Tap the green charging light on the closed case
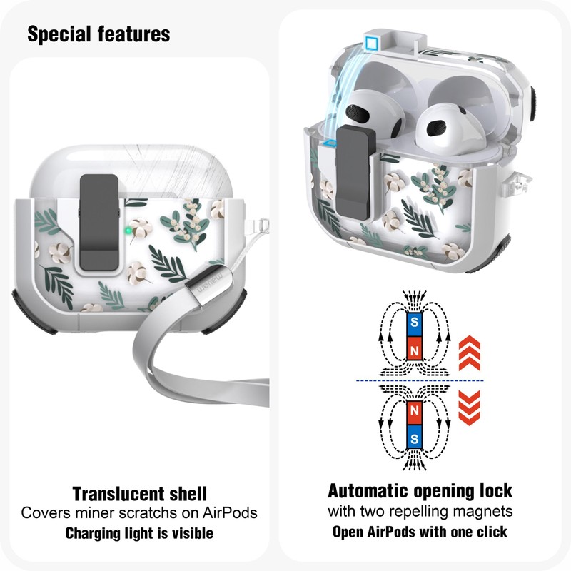pos(126,231)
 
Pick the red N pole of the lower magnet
pos(413,412)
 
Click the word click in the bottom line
pos(491,532)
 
